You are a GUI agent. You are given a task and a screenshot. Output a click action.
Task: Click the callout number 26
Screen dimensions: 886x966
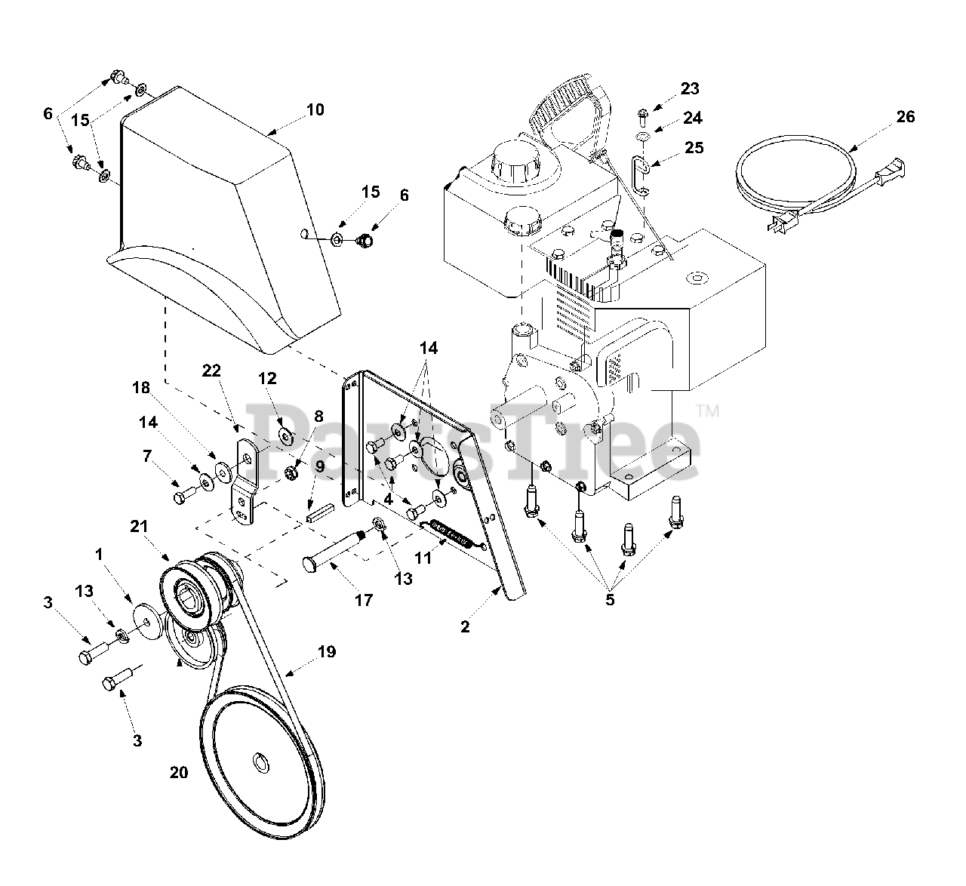coord(906,117)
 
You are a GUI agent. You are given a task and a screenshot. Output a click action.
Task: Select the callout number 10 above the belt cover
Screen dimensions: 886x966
coord(315,109)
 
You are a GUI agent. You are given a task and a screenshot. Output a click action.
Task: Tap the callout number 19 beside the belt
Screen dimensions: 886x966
coord(327,651)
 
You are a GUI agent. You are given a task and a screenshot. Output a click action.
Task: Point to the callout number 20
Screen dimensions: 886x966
coord(179,773)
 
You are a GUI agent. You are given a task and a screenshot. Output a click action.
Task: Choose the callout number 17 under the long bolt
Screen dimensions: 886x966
coord(364,601)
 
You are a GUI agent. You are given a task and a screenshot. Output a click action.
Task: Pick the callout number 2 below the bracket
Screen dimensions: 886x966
coord(466,626)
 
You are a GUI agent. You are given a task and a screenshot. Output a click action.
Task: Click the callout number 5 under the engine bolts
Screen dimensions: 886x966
coord(610,601)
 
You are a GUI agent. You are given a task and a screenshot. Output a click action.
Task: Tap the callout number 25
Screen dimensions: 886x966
coord(693,147)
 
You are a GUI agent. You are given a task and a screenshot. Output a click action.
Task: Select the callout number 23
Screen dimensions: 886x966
coord(690,88)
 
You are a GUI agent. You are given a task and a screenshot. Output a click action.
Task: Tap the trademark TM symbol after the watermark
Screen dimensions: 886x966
coord(707,411)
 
